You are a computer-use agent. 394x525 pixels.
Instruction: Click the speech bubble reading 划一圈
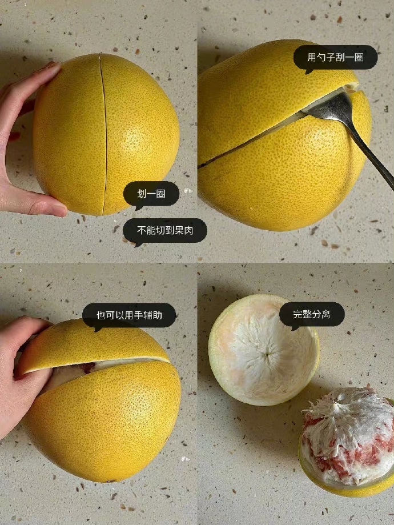tap(151, 194)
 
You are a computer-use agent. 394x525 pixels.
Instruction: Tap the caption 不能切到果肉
tap(164, 231)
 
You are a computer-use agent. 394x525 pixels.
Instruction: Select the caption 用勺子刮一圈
tap(335, 57)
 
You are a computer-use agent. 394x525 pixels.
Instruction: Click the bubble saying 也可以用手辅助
tap(129, 315)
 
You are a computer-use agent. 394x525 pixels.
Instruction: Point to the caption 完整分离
tap(312, 314)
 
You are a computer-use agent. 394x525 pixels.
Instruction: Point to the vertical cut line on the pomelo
tap(104, 134)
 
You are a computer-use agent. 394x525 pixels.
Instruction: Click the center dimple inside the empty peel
tap(267, 354)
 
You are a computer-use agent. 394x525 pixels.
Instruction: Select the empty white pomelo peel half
tap(264, 350)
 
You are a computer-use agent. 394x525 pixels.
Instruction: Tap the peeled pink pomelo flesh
tap(349, 435)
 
